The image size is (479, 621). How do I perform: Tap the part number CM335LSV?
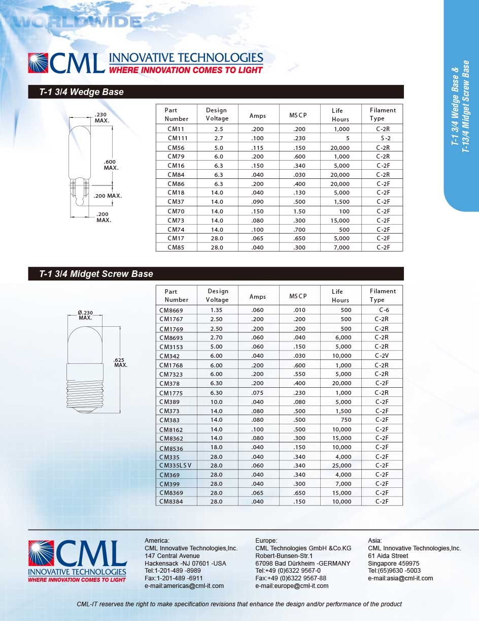tap(175, 465)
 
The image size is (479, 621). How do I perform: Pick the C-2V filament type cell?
tap(382, 356)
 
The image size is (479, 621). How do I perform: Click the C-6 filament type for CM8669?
tap(384, 309)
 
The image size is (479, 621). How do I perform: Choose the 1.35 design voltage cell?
tap(216, 309)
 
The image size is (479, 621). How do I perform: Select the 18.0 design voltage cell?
tap(216, 447)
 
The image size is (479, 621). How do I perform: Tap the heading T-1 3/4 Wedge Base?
tap(82, 92)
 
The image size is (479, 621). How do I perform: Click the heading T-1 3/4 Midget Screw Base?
tap(96, 274)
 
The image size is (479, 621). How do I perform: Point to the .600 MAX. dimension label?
tap(111, 165)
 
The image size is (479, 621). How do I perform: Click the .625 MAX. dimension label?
tap(121, 362)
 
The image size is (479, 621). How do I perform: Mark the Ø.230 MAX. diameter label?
tap(85, 315)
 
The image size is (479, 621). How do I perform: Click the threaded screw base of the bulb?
tap(85, 394)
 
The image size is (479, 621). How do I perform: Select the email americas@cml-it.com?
tap(184, 585)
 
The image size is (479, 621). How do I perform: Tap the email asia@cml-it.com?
tap(400, 578)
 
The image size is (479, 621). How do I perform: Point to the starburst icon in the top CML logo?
tap(39, 63)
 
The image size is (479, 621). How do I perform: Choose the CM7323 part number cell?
tap(171, 374)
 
